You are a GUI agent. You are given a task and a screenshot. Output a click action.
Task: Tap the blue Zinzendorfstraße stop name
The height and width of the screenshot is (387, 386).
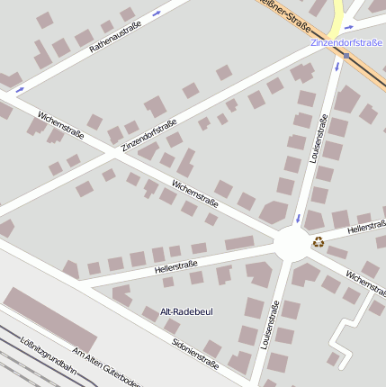pyautogui.click(x=346, y=42)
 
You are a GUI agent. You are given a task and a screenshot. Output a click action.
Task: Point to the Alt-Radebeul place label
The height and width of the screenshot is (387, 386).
pyautogui.click(x=186, y=311)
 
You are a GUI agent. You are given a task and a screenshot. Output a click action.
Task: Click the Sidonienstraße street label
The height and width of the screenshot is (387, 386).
pyautogui.click(x=195, y=354)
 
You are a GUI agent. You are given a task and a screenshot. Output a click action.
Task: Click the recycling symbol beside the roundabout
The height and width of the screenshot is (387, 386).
pyautogui.click(x=318, y=241)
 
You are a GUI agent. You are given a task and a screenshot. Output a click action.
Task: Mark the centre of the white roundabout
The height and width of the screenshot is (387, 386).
pyautogui.click(x=291, y=243)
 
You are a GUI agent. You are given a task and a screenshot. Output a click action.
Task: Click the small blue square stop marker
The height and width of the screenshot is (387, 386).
pyautogui.click(x=346, y=56)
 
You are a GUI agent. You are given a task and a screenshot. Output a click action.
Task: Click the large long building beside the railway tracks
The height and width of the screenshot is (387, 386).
pyautogui.click(x=50, y=319)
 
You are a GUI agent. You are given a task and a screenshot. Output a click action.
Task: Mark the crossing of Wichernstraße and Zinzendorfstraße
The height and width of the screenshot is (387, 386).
pyautogui.click(x=112, y=151)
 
